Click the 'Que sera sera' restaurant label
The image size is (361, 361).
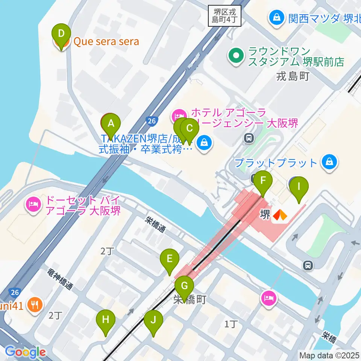click(106, 42)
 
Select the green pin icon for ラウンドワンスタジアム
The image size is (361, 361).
click(236, 56)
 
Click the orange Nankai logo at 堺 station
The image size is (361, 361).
click(280, 215)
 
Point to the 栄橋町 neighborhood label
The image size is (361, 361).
click(190, 300)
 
